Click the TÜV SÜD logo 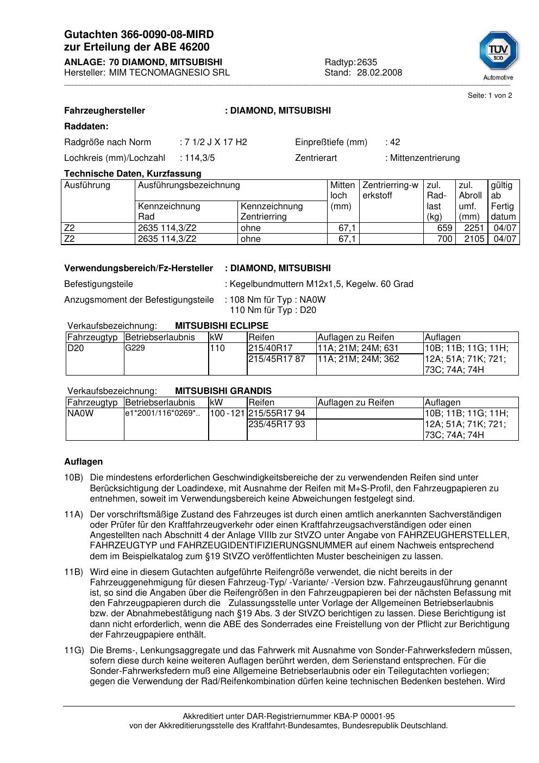pyautogui.click(x=498, y=54)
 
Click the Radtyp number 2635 pyautogui.click(x=367, y=62)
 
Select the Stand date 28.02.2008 pyautogui.click(x=379, y=73)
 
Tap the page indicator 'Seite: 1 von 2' pyautogui.click(x=490, y=96)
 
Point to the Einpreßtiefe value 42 pyautogui.click(x=395, y=142)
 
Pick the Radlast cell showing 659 pyautogui.click(x=444, y=228)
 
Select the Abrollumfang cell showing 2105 pyautogui.click(x=474, y=239)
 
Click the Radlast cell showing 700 pyautogui.click(x=444, y=239)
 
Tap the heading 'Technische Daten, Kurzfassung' pyautogui.click(x=133, y=174)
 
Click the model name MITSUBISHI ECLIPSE pyautogui.click(x=222, y=326)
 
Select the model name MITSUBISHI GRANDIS pyautogui.click(x=223, y=391)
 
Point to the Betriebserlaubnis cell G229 pyautogui.click(x=135, y=348)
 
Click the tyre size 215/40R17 pyautogui.click(x=271, y=348)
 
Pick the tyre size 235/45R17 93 pyautogui.click(x=277, y=424)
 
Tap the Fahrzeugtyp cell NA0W pyautogui.click(x=80, y=414)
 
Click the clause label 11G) pyautogui.click(x=73, y=651)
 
